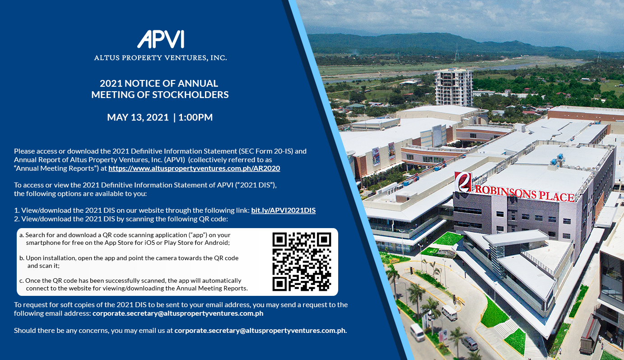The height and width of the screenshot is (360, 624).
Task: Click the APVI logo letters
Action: click(161, 40)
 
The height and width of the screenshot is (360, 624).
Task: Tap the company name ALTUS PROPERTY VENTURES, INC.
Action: click(160, 58)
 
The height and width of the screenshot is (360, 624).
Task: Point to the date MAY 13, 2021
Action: click(138, 117)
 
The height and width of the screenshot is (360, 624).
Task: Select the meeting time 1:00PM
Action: click(196, 117)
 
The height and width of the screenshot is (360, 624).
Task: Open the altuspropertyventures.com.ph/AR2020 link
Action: click(194, 168)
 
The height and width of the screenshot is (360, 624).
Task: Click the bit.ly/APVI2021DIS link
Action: click(283, 210)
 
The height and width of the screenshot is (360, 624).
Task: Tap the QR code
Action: click(302, 262)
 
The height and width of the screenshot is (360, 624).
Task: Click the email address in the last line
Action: click(260, 330)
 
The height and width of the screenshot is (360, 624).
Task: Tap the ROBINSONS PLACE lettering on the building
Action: click(524, 192)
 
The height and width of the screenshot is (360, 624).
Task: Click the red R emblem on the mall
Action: click(463, 182)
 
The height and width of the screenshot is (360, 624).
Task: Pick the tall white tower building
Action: click(453, 87)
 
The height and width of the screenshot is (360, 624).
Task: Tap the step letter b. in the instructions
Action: click(21, 258)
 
